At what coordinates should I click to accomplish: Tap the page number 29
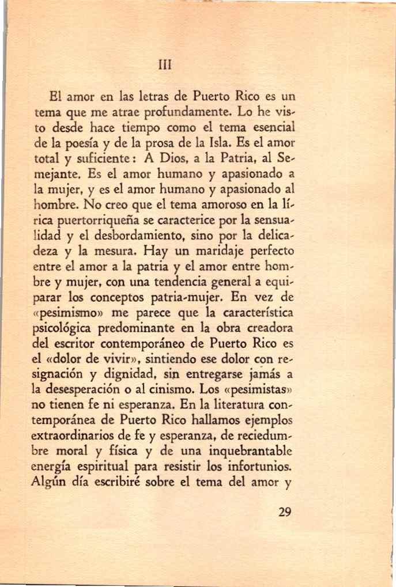point(284,512)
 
